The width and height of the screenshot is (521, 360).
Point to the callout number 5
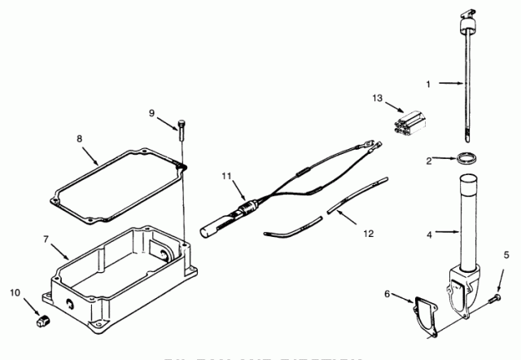[x=506, y=256]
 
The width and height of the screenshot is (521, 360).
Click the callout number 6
[x=387, y=293]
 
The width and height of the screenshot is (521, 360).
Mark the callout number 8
[x=80, y=138]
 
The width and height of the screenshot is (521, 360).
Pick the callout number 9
[x=150, y=112]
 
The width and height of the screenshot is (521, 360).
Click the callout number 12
[x=369, y=233]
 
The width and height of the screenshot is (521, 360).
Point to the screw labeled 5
[x=491, y=301]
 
